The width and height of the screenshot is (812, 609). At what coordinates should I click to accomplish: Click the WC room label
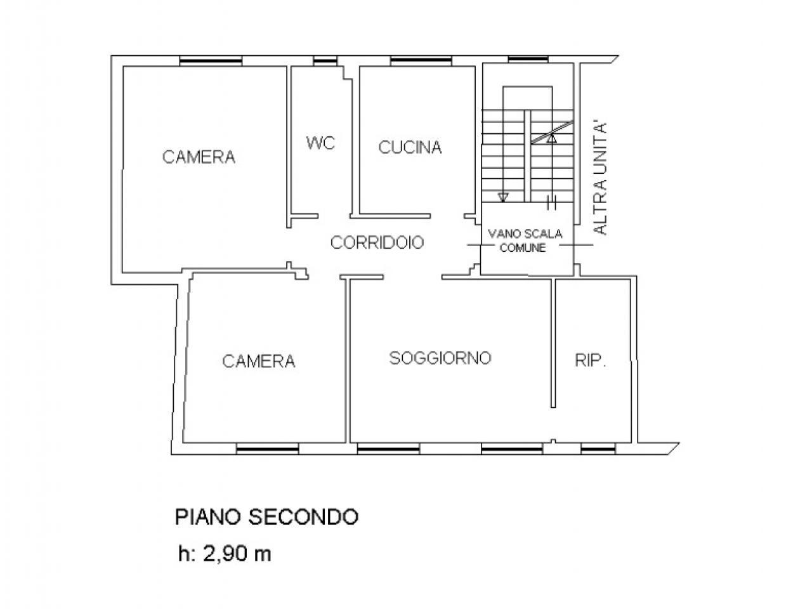(320, 143)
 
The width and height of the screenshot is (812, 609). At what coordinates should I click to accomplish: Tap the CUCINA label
(410, 147)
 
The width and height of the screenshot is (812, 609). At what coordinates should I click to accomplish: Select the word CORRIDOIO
(377, 242)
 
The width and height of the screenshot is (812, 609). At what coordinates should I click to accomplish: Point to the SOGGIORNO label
(440, 358)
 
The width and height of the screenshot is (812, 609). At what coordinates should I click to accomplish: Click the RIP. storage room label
(591, 360)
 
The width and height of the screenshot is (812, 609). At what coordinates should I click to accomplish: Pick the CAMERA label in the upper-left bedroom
(199, 157)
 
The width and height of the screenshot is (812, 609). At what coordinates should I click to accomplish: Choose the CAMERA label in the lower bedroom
(259, 361)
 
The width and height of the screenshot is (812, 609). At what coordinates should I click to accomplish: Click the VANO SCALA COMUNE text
(525, 240)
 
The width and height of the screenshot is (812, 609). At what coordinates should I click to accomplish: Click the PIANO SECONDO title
(266, 516)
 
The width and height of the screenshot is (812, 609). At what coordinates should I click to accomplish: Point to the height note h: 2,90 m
(225, 554)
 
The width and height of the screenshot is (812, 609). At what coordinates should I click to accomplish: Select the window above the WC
(325, 61)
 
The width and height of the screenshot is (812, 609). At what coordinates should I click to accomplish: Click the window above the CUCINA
(421, 61)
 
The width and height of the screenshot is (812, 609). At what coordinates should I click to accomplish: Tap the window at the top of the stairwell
(528, 60)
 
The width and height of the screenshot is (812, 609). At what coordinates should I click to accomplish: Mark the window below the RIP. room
(598, 449)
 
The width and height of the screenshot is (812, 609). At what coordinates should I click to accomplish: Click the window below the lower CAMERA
(268, 449)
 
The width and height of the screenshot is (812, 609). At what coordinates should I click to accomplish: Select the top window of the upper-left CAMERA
(211, 61)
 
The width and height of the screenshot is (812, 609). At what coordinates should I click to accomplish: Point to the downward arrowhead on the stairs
(502, 197)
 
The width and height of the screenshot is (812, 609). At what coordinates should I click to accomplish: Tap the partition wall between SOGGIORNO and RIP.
(553, 343)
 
